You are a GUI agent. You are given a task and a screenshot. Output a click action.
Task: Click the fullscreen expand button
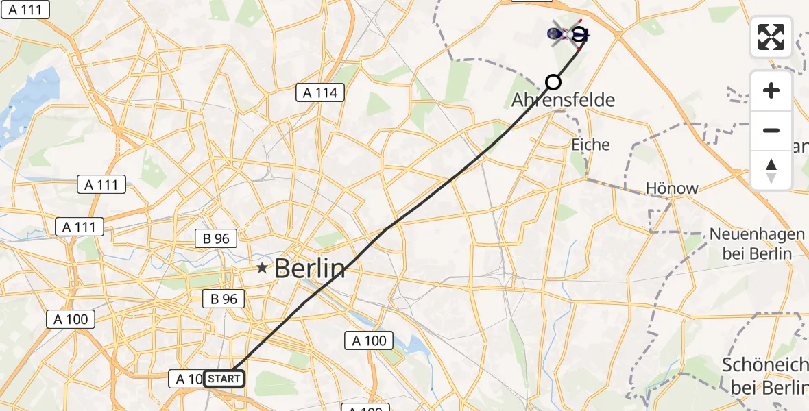coord(771,36)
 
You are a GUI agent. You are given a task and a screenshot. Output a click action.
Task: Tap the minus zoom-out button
coord(771,130)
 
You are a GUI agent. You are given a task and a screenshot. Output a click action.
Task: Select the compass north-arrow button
coord(771,171)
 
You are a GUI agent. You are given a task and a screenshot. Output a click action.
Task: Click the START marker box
coord(224,379)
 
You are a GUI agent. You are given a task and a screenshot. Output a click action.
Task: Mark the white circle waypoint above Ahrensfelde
coord(553,83)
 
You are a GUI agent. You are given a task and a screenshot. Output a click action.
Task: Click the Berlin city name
coord(310,269)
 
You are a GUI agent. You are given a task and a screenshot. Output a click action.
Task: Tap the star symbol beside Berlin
coord(263,269)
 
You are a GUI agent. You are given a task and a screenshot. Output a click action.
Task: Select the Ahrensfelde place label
coord(563,100)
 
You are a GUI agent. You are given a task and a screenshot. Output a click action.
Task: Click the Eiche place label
coord(590,145)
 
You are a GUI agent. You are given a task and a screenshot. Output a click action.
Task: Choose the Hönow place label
coord(672,188)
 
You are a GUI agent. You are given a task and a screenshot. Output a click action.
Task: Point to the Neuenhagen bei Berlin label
coord(757,244)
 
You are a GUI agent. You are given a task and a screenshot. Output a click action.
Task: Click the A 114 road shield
coord(320,92)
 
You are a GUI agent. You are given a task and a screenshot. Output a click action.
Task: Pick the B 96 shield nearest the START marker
coord(221,299)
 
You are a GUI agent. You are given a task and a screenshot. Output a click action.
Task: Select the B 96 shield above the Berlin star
coord(216,239)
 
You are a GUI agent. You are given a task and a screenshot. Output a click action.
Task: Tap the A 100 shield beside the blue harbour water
coord(370,340)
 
